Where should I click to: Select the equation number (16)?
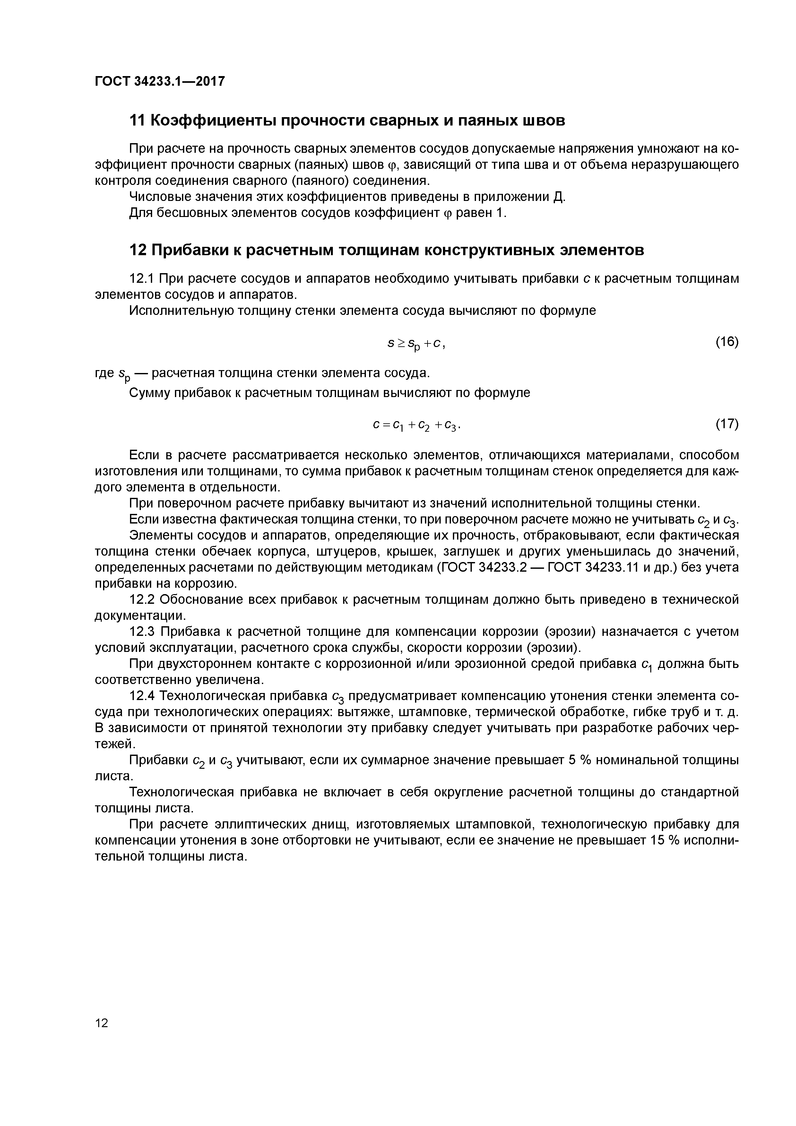coord(727,341)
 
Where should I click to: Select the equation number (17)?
coord(727,423)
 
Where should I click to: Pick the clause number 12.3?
coord(142,632)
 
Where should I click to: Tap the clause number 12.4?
coord(142,696)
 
